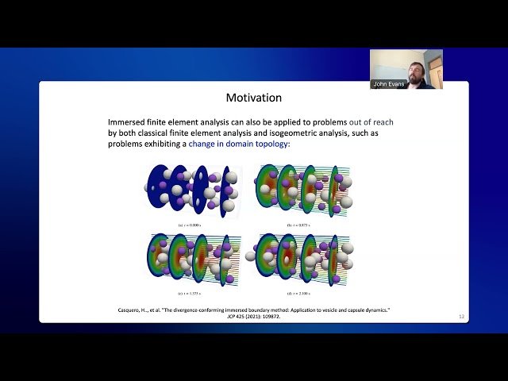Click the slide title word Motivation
tap(253, 98)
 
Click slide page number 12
tap(461, 317)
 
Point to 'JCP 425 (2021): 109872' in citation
tap(252, 315)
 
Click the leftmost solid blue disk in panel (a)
tap(158, 187)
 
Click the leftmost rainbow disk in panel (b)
tap(267, 187)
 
